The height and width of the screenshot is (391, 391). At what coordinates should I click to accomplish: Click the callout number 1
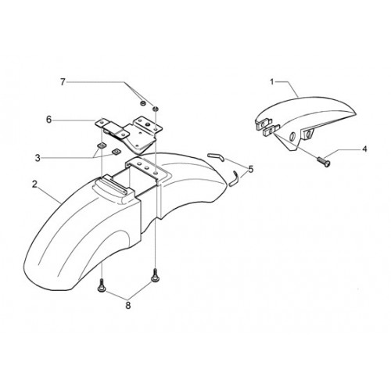(272, 82)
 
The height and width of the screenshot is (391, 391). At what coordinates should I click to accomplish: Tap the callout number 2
(34, 184)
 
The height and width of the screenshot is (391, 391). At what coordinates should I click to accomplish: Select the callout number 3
(38, 158)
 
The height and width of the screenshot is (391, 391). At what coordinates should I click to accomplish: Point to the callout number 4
(364, 149)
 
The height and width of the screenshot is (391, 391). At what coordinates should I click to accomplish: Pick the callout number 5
(250, 169)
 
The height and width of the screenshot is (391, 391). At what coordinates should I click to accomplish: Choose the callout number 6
(48, 120)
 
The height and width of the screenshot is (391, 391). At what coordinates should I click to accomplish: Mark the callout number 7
(63, 82)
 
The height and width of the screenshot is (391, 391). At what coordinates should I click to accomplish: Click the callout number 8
(128, 305)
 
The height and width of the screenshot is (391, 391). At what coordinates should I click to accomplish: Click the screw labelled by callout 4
(323, 161)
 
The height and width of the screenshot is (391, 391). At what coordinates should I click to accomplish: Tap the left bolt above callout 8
(101, 285)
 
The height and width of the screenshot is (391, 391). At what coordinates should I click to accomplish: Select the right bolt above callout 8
(154, 275)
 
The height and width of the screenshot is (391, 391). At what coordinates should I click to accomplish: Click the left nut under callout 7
(143, 103)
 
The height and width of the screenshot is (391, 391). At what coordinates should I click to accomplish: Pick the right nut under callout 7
(156, 108)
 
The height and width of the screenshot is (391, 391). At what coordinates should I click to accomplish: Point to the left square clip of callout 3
(101, 145)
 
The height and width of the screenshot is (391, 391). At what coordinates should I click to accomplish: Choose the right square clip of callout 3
(115, 151)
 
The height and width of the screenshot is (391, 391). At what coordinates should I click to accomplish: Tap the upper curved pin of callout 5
(215, 157)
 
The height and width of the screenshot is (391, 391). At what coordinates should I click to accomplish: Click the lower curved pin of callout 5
(234, 178)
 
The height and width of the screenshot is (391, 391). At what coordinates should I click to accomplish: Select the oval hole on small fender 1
(292, 136)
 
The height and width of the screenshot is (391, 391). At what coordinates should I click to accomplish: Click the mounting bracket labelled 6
(129, 134)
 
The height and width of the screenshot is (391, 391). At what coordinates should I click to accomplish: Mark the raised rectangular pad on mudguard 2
(114, 185)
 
